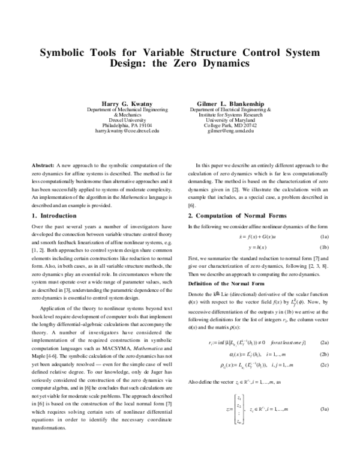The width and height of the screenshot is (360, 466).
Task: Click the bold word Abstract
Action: tap(43, 165)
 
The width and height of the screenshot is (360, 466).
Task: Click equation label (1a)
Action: tap(323, 237)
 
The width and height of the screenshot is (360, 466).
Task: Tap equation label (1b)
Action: tap(323, 247)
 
